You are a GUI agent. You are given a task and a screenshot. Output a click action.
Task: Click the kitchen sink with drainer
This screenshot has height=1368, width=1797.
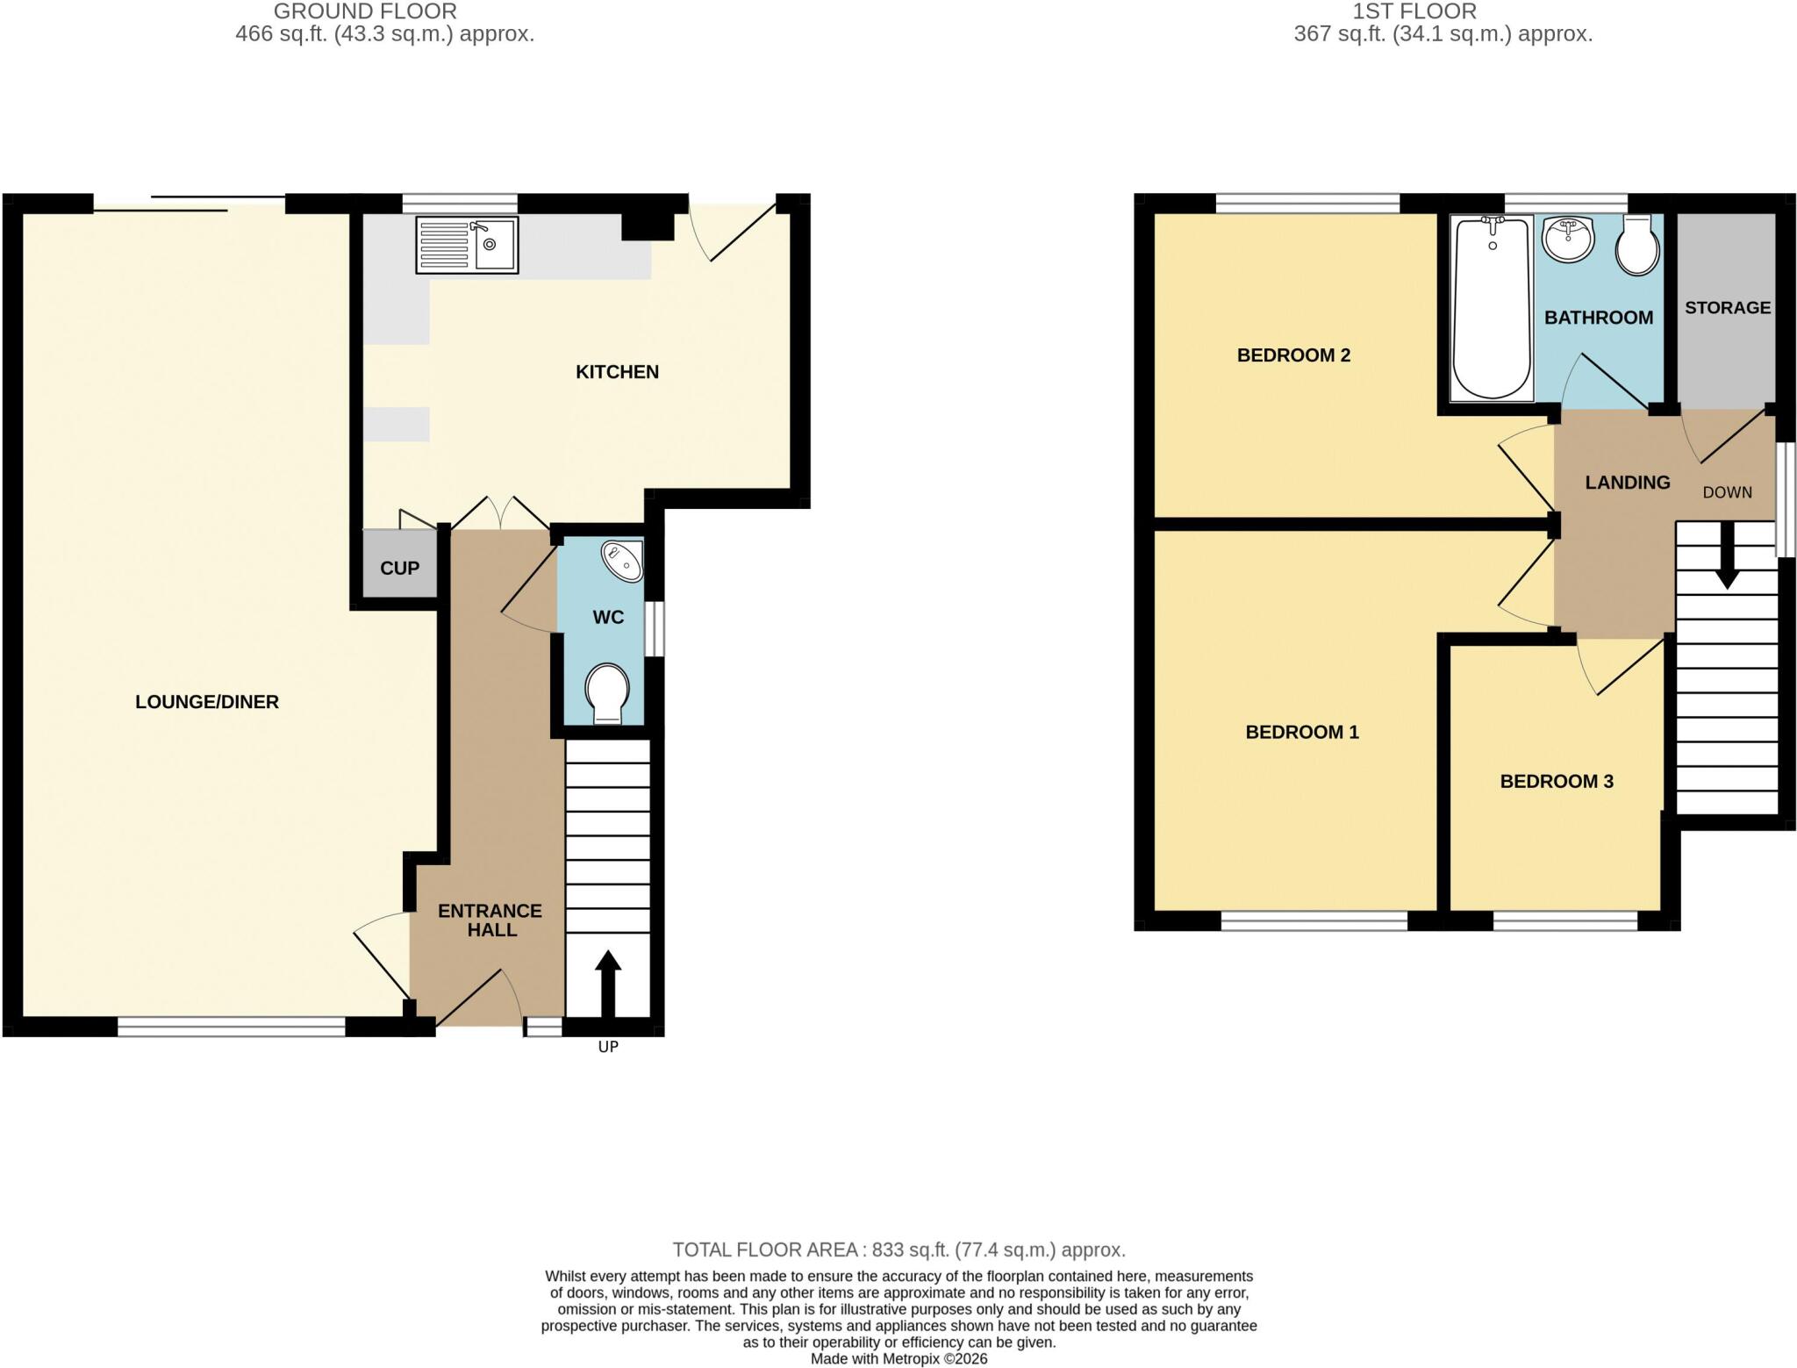click(x=467, y=245)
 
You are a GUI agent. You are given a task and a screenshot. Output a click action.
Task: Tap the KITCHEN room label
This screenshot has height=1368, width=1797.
click(x=617, y=372)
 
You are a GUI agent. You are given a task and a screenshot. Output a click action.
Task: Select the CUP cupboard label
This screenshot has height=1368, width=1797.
click(x=399, y=568)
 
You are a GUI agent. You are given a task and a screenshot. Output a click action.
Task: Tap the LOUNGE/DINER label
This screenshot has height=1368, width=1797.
click(x=207, y=702)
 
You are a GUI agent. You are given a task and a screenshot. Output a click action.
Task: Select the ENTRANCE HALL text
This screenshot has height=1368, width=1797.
click(x=490, y=920)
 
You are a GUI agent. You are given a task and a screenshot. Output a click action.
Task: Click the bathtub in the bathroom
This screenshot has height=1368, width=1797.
click(x=1493, y=307)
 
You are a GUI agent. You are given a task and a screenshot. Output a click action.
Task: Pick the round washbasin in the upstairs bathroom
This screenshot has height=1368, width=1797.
click(x=1568, y=239)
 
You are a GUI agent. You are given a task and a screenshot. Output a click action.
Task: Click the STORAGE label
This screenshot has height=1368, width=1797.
click(x=1728, y=308)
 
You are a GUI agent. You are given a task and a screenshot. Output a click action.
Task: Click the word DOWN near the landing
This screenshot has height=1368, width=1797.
click(x=1728, y=492)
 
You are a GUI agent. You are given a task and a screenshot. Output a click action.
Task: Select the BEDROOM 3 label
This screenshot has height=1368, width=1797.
click(x=1557, y=781)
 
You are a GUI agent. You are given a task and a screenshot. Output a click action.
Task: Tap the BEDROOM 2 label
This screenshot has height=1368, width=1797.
click(x=1293, y=355)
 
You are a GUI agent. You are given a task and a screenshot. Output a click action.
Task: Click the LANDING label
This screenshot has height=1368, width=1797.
click(x=1628, y=483)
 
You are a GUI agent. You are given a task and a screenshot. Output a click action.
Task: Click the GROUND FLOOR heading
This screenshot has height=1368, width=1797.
click(x=365, y=11)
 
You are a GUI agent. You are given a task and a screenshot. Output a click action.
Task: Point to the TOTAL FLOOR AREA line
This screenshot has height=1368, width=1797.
click(x=898, y=1250)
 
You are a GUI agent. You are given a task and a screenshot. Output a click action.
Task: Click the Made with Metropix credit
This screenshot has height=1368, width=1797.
click(x=898, y=1359)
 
